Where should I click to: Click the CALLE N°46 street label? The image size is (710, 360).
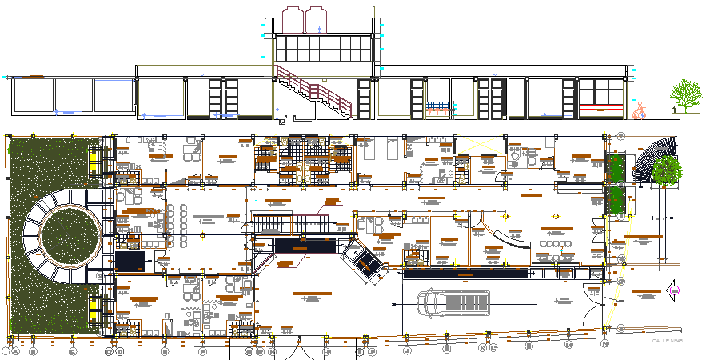pos(666,342)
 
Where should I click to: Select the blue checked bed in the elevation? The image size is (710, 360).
pos(437,106)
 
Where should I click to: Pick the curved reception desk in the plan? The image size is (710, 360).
pos(508,241)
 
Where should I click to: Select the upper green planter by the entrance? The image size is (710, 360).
pos(616,168)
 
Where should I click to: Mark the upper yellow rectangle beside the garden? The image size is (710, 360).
pos(95,161)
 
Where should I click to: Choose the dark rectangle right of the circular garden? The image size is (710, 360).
pos(129,260)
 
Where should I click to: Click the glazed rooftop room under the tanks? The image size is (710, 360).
pos(323,48)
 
